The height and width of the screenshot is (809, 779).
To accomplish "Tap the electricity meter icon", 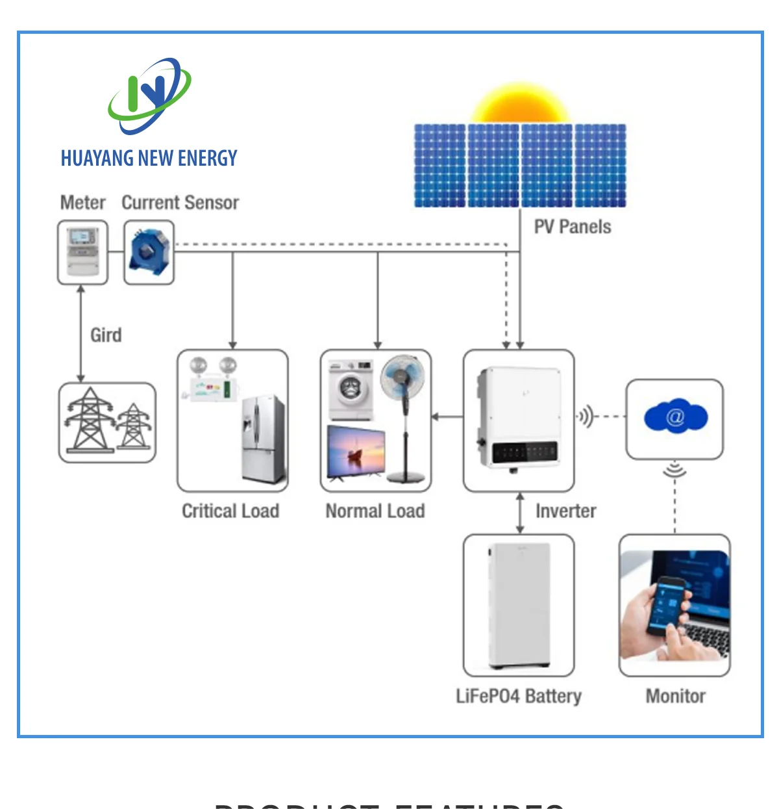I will tap(82, 251).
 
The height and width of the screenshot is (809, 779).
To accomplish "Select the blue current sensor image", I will tap(149, 252).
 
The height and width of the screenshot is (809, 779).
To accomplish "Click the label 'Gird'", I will tap(106, 335).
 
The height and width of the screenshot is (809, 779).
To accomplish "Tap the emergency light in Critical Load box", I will tap(211, 379).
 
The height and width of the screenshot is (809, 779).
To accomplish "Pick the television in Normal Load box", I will tap(356, 452).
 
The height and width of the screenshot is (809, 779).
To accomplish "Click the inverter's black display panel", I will tap(525, 452).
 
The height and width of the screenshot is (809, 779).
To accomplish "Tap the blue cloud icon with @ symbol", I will tap(675, 417).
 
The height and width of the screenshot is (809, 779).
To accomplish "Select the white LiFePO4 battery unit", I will tap(519, 605).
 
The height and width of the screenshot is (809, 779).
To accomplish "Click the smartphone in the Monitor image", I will tap(669, 605).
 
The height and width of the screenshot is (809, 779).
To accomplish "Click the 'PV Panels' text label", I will tap(572, 227).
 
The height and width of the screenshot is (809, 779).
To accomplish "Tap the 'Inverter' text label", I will tap(565, 511).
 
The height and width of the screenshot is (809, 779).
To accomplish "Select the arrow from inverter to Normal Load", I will tap(447, 416).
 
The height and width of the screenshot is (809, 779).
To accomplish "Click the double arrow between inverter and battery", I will tap(519, 513).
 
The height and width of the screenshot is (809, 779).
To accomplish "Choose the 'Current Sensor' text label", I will tap(180, 203).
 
